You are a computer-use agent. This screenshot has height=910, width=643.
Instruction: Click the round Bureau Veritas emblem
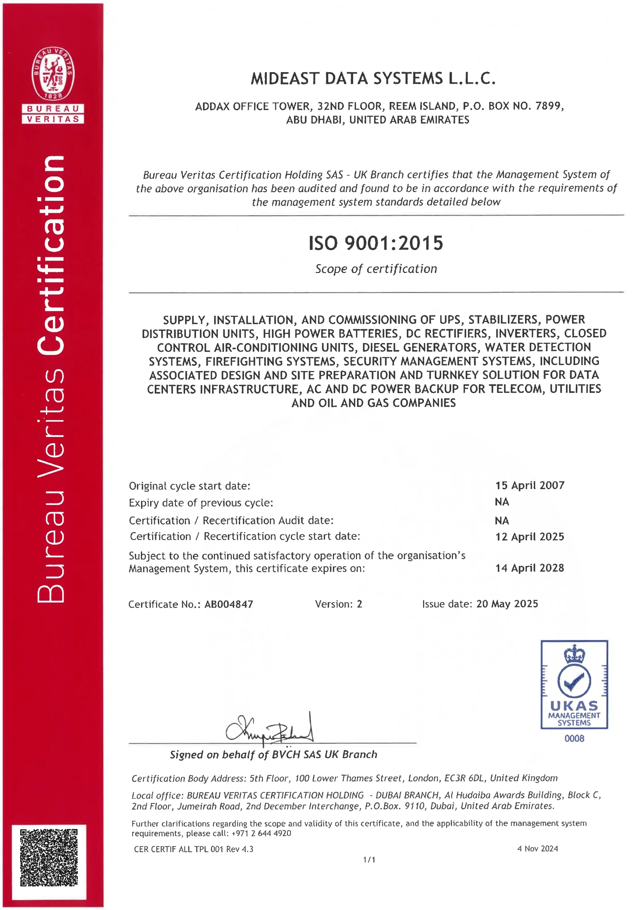point(53,73)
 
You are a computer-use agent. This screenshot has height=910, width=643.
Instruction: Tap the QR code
point(49,857)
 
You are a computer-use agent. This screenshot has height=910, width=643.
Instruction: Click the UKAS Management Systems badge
point(574,685)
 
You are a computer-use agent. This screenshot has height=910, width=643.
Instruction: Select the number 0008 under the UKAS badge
point(574,738)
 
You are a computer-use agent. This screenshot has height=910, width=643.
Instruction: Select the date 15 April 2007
point(530,485)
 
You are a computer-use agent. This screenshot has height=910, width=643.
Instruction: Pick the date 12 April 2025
point(530,537)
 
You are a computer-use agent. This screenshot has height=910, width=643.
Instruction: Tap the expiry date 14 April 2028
point(530,568)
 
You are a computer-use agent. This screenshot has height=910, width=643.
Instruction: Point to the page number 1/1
point(369,860)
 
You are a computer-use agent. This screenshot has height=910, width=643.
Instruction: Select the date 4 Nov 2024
point(537,849)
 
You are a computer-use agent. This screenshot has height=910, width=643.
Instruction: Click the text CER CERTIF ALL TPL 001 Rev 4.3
point(193,849)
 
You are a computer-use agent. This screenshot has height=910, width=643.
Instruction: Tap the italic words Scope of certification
point(376,269)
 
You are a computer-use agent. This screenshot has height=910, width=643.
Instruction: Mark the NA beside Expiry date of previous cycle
point(502,502)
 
